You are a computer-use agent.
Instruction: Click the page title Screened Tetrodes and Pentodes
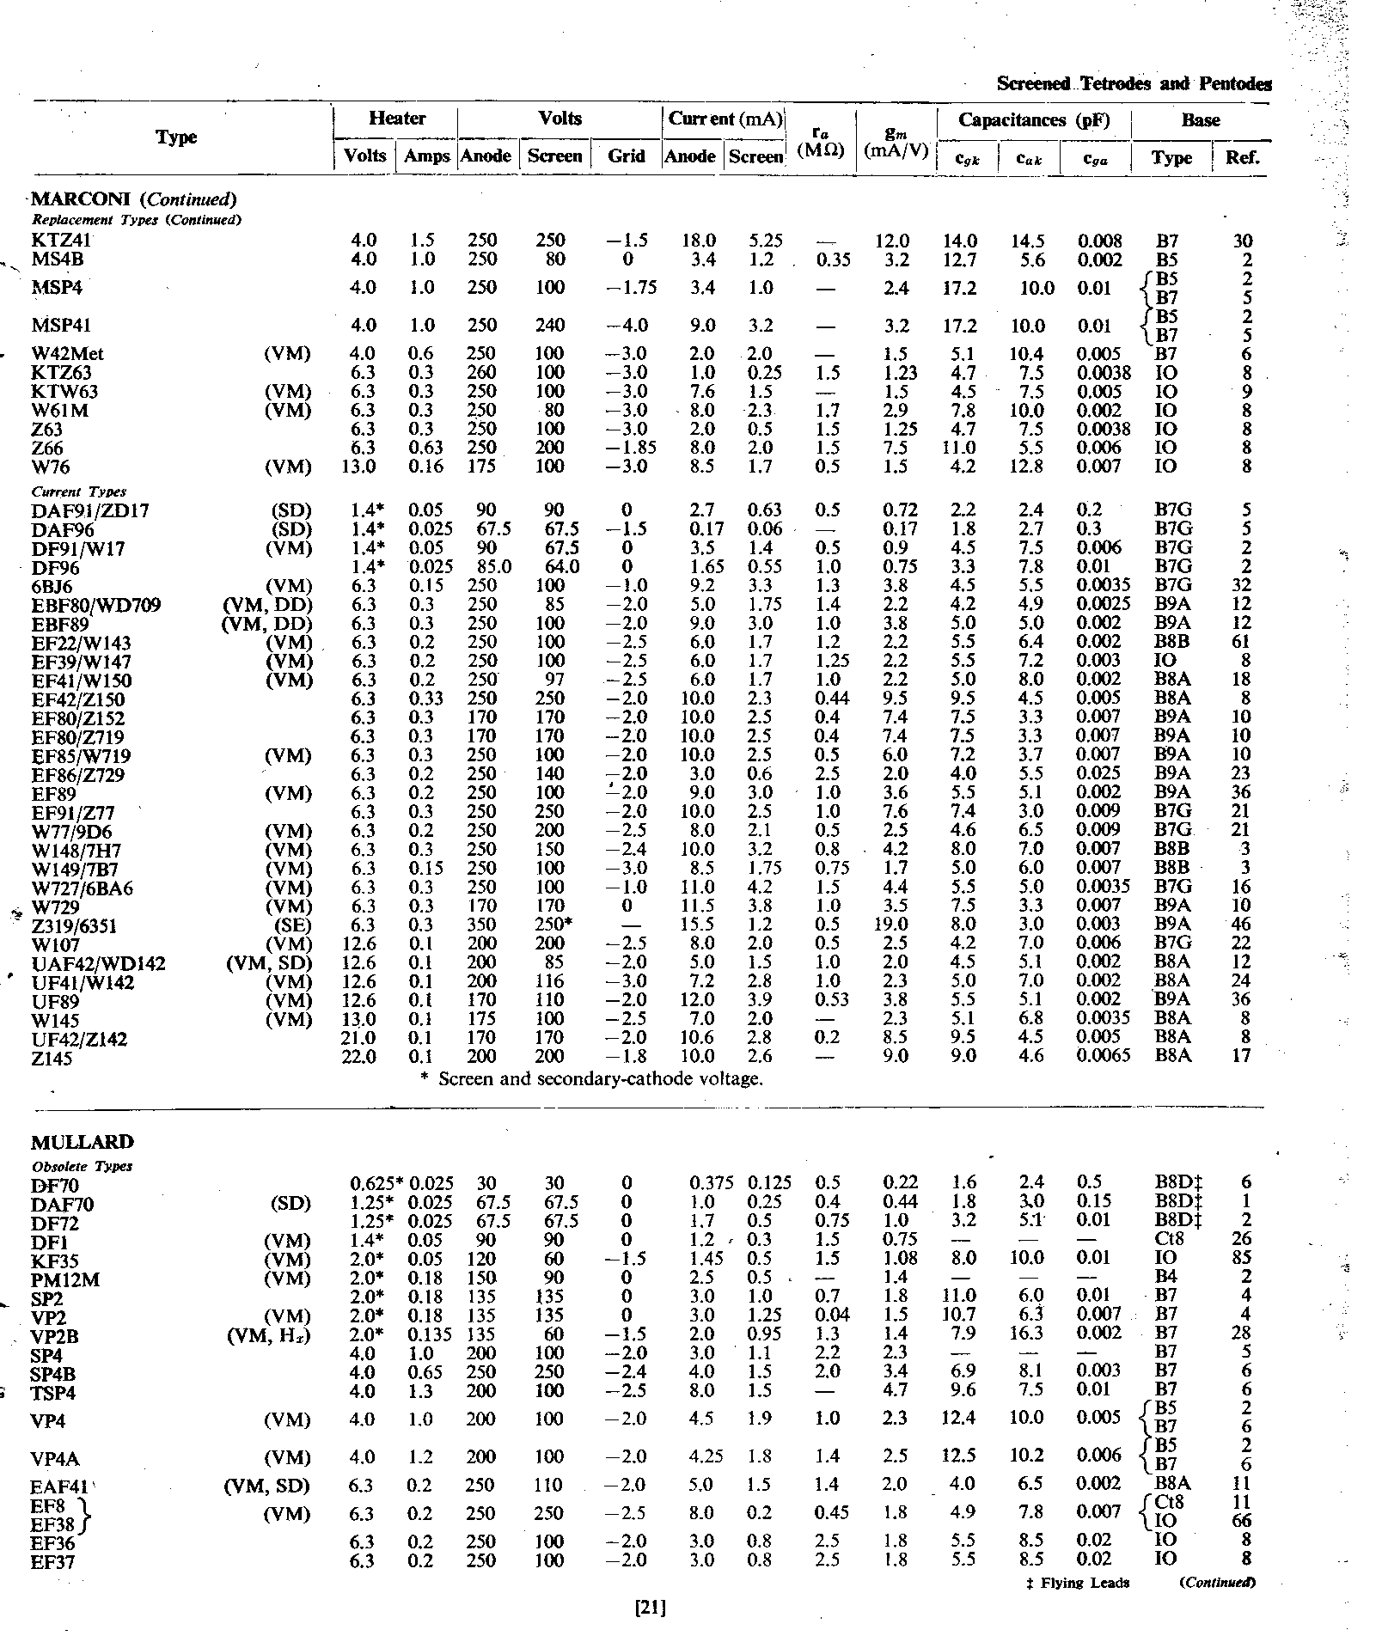click(x=1134, y=84)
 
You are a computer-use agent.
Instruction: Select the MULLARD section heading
click(x=83, y=1142)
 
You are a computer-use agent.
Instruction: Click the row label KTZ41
click(x=60, y=241)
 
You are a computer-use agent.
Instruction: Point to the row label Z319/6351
click(x=74, y=925)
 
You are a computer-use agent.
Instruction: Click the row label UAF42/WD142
click(x=99, y=963)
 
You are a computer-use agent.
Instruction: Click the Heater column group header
click(x=396, y=119)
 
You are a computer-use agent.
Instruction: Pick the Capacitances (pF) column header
click(x=1034, y=120)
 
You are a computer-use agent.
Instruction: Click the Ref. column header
click(x=1242, y=157)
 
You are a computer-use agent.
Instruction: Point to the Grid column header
click(x=626, y=156)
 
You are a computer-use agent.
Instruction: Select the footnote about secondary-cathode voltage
click(x=591, y=1079)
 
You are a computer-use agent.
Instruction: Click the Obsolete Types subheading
click(x=83, y=1167)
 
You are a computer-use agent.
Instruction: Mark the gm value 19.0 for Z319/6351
click(x=895, y=925)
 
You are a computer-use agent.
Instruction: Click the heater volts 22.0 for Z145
click(x=359, y=1057)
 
